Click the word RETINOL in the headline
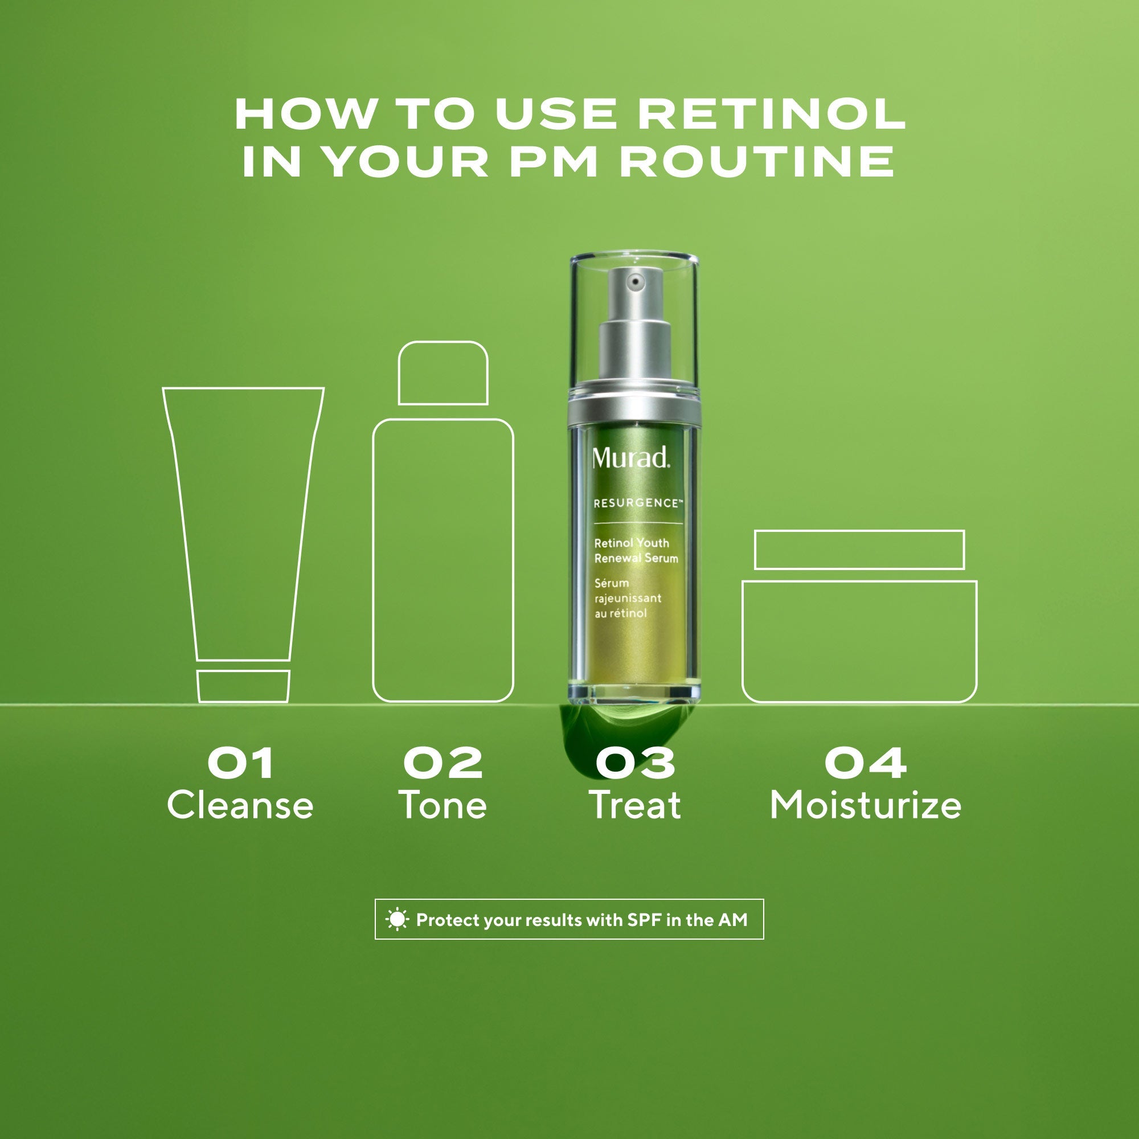point(772,114)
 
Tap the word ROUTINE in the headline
point(757,161)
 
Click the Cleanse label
point(240,805)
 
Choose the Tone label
point(443,805)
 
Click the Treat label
point(635,805)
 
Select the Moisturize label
point(866,805)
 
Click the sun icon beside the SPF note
point(397,920)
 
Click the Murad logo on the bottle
point(631,457)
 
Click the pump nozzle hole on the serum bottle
point(635,282)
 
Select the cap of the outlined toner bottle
point(443,373)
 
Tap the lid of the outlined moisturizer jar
point(859,550)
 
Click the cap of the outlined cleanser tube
point(243,686)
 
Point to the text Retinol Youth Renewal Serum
point(636,550)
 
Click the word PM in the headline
point(553,161)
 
